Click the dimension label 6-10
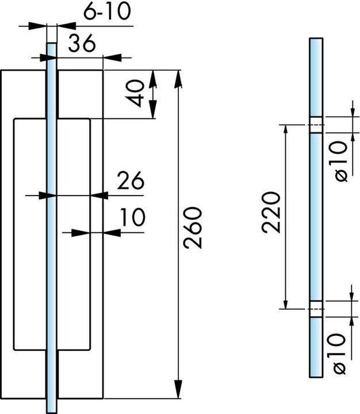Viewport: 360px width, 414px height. click(x=107, y=12)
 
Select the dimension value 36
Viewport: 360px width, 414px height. click(x=82, y=43)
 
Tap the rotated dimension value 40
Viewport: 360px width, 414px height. click(x=135, y=94)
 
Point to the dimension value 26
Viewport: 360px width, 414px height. click(x=131, y=181)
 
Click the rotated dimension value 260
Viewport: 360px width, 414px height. click(x=193, y=228)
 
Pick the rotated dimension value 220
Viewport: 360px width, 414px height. click(x=271, y=213)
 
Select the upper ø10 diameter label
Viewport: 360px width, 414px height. click(x=340, y=162)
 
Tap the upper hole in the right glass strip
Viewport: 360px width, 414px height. click(x=316, y=125)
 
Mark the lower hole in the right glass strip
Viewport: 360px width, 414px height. click(x=316, y=309)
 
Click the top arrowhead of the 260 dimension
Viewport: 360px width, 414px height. click(x=178, y=79)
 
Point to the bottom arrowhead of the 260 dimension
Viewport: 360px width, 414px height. click(x=178, y=389)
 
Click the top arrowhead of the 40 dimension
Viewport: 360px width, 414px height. click(x=152, y=79)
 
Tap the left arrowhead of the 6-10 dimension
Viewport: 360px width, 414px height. click(x=37, y=26)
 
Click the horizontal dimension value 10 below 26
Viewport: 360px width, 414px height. click(x=133, y=217)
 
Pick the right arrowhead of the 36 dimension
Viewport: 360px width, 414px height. click(x=112, y=57)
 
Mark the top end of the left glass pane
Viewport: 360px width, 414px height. click(x=52, y=43)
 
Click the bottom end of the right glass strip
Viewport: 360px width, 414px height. click(x=316, y=377)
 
